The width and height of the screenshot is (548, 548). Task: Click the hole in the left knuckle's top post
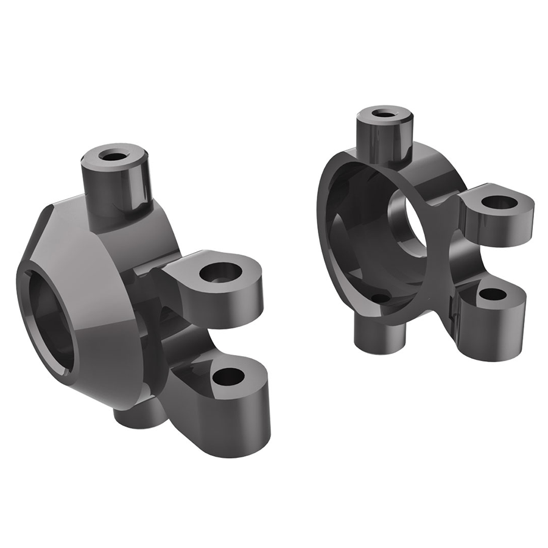[111, 155]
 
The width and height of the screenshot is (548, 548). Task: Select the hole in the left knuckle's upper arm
[220, 272]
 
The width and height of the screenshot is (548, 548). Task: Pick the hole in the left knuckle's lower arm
[228, 376]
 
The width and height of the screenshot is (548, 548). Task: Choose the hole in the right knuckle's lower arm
[492, 295]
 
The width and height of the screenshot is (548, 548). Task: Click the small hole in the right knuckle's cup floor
[379, 298]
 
